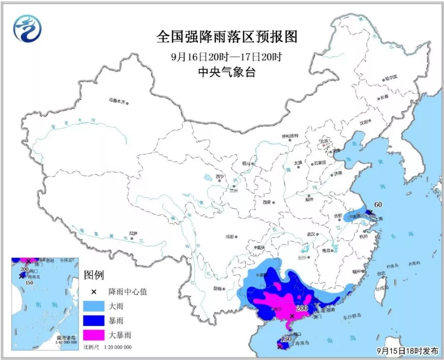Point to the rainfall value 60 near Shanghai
377,205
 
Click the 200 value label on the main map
302,308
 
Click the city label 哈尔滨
391,77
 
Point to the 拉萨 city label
133,233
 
